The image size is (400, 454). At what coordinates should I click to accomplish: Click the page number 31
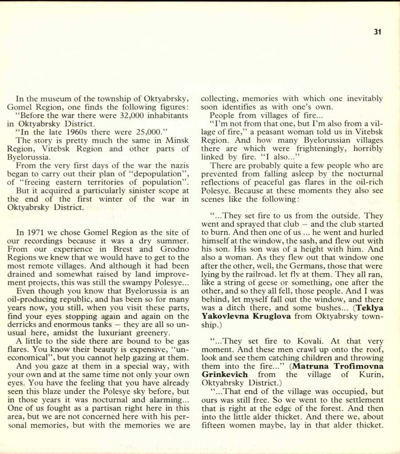[x=378, y=32]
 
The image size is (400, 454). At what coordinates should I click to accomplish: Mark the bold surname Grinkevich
[x=224, y=375]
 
